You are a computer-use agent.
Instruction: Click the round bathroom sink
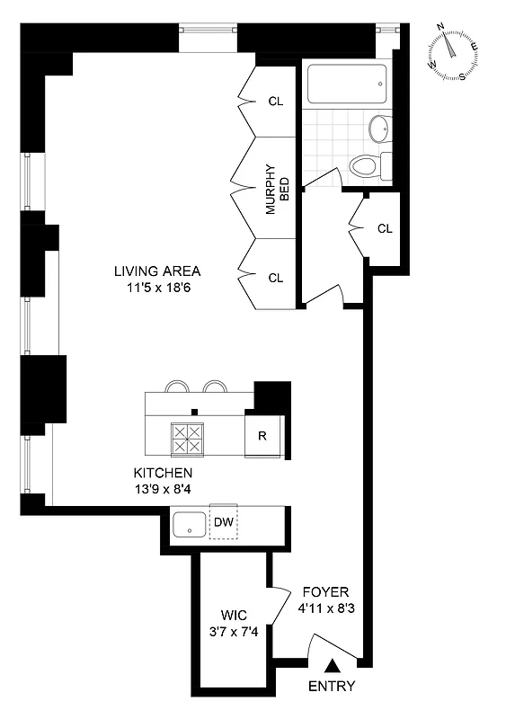click(x=381, y=128)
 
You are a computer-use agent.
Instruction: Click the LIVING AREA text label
click(x=156, y=271)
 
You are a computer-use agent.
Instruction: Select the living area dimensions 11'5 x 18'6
click(x=156, y=288)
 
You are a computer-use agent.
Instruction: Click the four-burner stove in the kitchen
click(x=189, y=439)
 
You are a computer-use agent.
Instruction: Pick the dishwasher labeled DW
click(x=222, y=522)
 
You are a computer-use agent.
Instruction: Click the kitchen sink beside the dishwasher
click(x=190, y=523)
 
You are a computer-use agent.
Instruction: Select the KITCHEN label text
click(x=163, y=473)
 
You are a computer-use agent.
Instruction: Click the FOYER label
click(x=324, y=592)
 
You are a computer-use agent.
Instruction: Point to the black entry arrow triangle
click(x=333, y=666)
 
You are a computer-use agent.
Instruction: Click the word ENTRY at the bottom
click(x=332, y=687)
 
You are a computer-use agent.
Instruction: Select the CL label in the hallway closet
click(x=385, y=228)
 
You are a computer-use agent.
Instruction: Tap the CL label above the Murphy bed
click(x=276, y=102)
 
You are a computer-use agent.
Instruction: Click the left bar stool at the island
click(x=177, y=387)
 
